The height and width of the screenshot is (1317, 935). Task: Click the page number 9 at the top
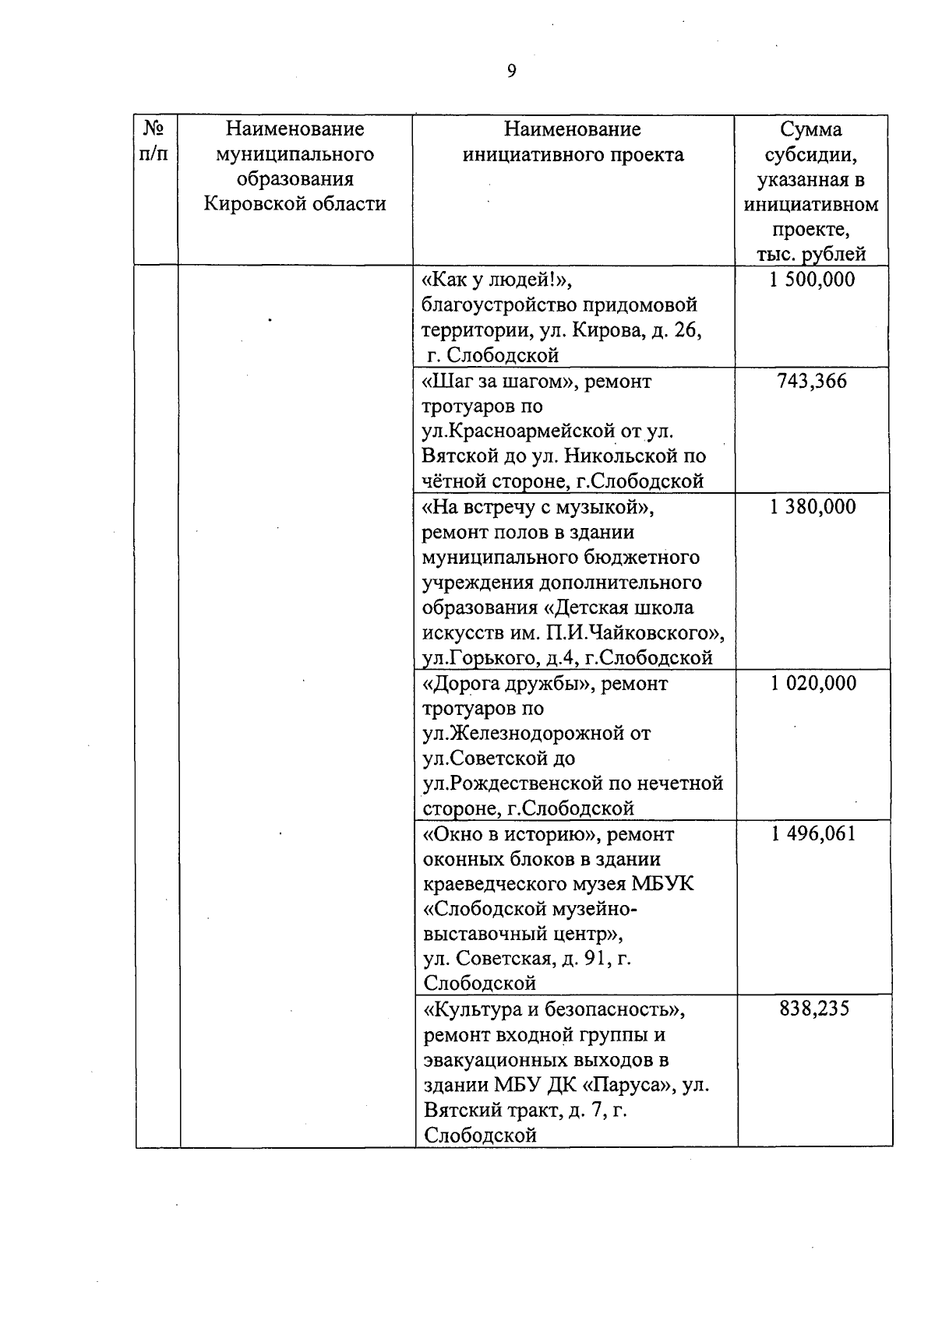coord(511,72)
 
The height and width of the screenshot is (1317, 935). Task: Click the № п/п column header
coord(156,141)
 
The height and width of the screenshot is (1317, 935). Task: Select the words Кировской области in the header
coord(295,204)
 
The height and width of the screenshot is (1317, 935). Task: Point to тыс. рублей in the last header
coord(811,254)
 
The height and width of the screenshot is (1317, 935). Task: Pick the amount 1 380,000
coord(812,507)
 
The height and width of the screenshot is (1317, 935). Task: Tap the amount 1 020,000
coord(813,683)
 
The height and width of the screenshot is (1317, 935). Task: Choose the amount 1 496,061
coord(813,834)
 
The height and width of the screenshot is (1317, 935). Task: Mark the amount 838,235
coord(813,1009)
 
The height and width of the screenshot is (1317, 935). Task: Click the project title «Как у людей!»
coord(501,280)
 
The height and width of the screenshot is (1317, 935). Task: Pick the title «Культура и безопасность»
coord(554,1009)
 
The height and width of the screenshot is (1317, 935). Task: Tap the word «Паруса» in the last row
coord(628,1085)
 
